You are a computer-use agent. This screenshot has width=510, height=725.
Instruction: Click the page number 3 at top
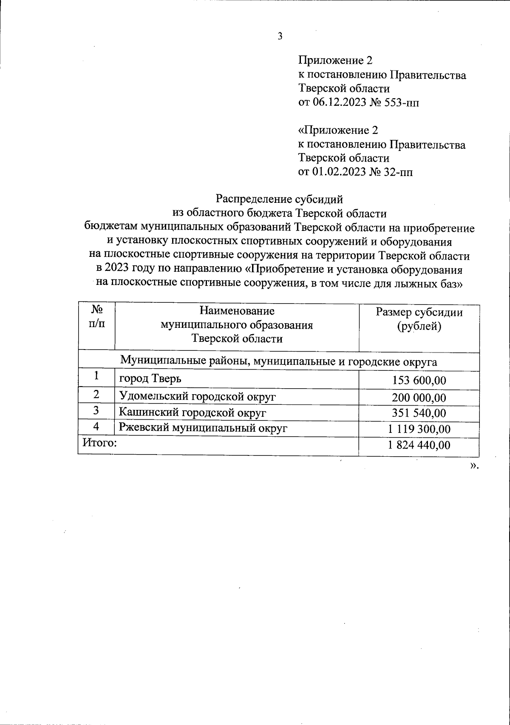point(280,37)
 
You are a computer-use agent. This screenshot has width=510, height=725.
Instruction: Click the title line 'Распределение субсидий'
point(279,199)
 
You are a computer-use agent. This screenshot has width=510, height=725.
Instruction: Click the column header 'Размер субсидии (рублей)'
point(419,320)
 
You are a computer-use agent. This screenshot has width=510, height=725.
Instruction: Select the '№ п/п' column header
point(96,315)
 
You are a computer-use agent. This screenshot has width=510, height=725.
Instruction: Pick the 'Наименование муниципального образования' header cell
point(237,325)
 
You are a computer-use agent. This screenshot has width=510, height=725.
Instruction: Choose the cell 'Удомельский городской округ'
point(198,396)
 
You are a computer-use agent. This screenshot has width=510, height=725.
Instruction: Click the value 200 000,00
point(419,398)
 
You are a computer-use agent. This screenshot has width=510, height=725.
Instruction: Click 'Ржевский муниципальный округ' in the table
point(203,427)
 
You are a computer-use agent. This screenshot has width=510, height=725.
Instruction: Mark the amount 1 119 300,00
point(419,429)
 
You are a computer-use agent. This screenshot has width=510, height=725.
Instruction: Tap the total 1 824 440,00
point(419,445)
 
